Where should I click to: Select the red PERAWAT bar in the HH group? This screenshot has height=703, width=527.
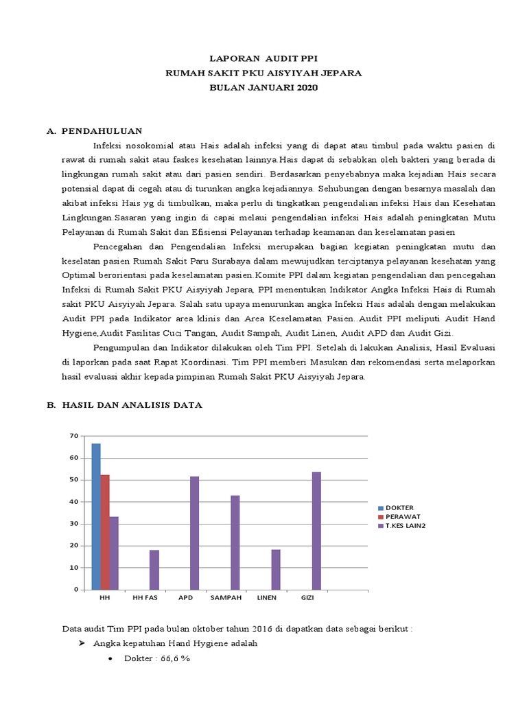105,532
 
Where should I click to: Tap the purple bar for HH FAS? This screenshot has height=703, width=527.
154,569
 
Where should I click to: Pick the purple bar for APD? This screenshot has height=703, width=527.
195,533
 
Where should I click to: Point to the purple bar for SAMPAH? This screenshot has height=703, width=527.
235,542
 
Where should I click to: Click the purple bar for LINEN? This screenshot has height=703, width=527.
276,569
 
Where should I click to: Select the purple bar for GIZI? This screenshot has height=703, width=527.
316,530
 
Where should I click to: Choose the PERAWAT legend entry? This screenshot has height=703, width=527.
403,516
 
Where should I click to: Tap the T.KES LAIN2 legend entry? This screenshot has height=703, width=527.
407,525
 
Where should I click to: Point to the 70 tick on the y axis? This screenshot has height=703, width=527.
75,436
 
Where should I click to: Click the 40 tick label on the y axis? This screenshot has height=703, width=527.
75,502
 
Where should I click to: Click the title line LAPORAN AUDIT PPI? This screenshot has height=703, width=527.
264,59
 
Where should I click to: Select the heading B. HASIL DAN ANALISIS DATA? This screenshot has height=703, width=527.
124,405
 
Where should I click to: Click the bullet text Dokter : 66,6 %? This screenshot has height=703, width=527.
156,658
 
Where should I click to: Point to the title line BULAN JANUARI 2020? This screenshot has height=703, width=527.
264,88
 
